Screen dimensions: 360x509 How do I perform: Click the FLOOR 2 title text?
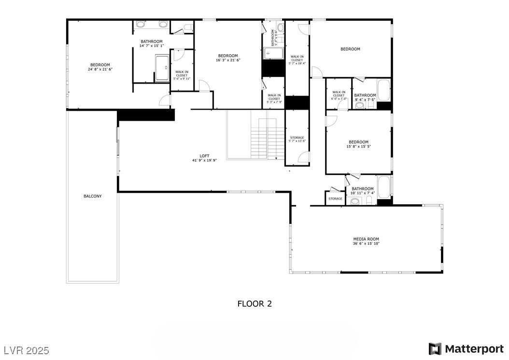254,304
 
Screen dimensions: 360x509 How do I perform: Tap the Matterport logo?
466,349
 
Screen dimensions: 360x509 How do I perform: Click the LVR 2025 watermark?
27,349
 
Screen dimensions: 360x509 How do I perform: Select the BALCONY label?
93,196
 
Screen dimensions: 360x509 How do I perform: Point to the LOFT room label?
204,156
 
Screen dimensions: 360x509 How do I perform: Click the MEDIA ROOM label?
366,239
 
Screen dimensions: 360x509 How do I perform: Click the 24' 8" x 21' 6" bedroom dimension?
100,70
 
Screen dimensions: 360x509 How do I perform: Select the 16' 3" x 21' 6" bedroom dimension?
228,60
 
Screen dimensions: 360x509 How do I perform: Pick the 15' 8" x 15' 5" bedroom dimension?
359,146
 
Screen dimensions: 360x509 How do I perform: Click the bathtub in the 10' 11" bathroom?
384,187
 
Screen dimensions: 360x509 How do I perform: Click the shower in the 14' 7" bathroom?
162,68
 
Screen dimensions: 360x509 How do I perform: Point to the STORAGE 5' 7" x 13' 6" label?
297,139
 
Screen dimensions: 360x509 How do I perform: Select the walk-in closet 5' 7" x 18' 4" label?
297,60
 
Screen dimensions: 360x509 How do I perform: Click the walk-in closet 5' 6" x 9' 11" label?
182,75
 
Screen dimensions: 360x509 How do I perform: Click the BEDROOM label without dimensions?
350,49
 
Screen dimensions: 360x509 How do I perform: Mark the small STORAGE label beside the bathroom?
335,199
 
